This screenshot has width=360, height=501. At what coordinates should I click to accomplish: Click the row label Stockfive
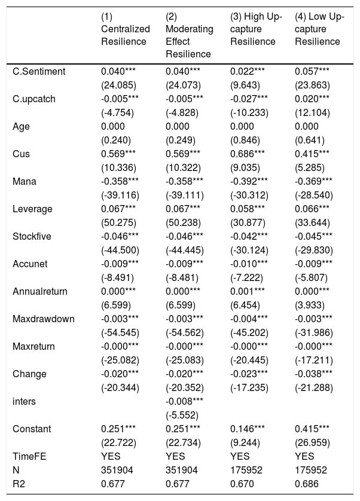(32, 236)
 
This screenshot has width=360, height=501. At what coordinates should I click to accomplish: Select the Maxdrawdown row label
(44, 319)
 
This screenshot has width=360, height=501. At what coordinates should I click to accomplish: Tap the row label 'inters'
(24, 401)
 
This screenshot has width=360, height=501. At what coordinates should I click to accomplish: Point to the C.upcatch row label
(34, 99)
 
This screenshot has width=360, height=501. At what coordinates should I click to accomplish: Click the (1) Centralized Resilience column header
(126, 29)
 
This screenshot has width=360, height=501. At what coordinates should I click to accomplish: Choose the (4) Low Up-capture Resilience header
(320, 29)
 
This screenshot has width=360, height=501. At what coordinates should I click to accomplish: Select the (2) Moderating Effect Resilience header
(190, 35)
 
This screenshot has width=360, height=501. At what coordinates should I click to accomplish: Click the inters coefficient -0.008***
(184, 401)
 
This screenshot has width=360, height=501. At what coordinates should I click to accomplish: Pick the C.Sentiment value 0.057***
(312, 71)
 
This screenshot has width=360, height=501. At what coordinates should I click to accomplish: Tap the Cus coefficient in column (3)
(247, 154)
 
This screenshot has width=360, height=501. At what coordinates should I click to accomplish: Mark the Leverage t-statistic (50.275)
(118, 223)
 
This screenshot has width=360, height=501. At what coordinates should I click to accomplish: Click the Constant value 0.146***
(247, 429)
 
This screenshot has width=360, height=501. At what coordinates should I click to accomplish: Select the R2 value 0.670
(242, 484)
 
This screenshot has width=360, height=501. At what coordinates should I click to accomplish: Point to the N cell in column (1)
(117, 470)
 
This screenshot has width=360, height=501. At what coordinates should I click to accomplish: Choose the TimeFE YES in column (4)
(304, 456)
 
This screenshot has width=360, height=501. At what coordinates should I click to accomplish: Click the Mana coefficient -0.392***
(249, 182)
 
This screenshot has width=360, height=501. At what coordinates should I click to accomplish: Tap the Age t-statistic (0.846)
(245, 140)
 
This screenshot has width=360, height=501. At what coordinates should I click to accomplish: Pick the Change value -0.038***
(313, 374)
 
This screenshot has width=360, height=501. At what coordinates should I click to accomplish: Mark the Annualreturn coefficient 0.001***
(247, 291)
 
